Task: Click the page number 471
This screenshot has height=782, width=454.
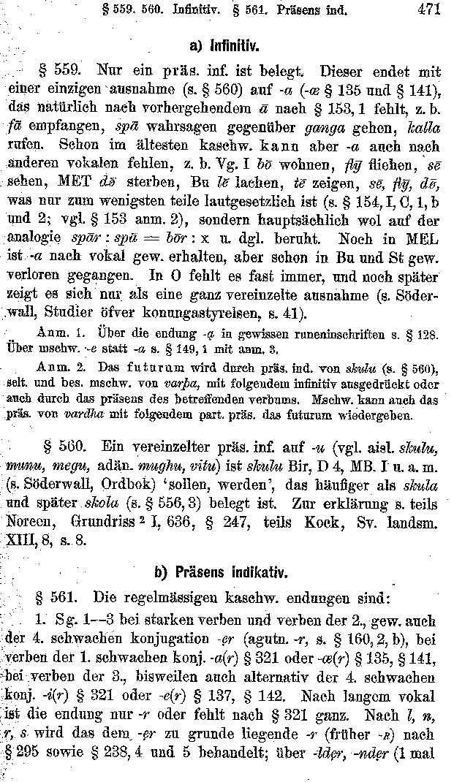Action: [x=427, y=10]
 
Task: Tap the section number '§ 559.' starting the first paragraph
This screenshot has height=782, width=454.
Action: [x=58, y=72]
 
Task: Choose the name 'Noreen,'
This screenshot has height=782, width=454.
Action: [x=34, y=523]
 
